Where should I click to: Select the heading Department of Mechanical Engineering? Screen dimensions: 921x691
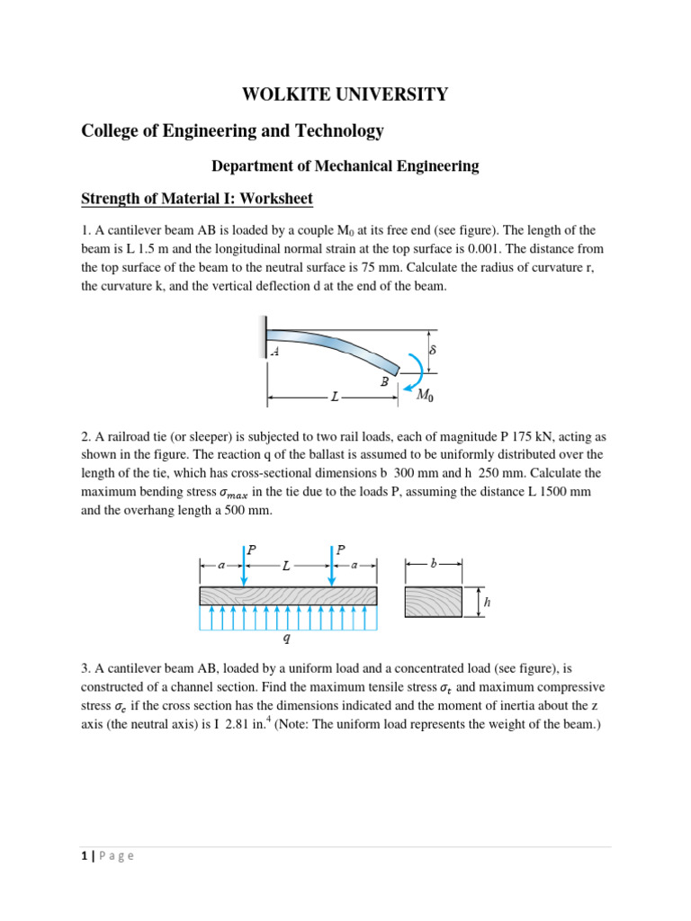pyautogui.click(x=345, y=165)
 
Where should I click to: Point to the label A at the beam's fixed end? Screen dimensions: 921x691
pyautogui.click(x=274, y=353)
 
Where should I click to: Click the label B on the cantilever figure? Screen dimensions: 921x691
pyautogui.click(x=384, y=381)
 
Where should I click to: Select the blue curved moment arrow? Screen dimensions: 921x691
pyautogui.click(x=416, y=368)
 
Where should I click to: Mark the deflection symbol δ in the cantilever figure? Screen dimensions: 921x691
pyautogui.click(x=432, y=349)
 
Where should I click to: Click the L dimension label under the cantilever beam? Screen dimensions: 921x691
pyautogui.click(x=335, y=396)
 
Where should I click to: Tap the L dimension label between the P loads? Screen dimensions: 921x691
pyautogui.click(x=286, y=566)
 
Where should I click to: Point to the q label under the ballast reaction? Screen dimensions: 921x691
pyautogui.click(x=287, y=640)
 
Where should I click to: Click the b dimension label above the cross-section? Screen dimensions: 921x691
pyautogui.click(x=434, y=564)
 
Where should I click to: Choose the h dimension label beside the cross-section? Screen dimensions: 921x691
pyautogui.click(x=487, y=604)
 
